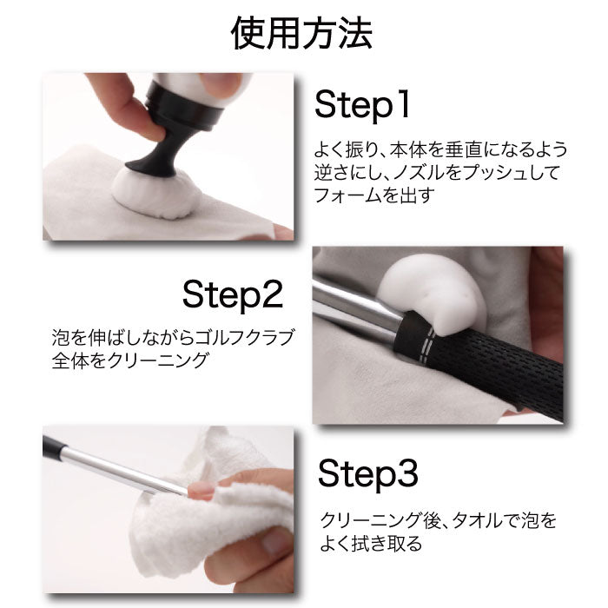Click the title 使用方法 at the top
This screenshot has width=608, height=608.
click(301, 33)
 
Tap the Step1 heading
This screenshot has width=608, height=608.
click(362, 105)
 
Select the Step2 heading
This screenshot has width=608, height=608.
click(233, 294)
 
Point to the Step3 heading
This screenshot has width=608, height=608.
click(367, 474)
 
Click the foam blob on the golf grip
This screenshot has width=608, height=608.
click(431, 294)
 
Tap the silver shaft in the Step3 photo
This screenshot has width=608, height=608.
click(120, 470)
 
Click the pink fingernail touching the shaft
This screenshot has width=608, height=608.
click(201, 491)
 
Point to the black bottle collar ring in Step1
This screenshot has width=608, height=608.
click(184, 109)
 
